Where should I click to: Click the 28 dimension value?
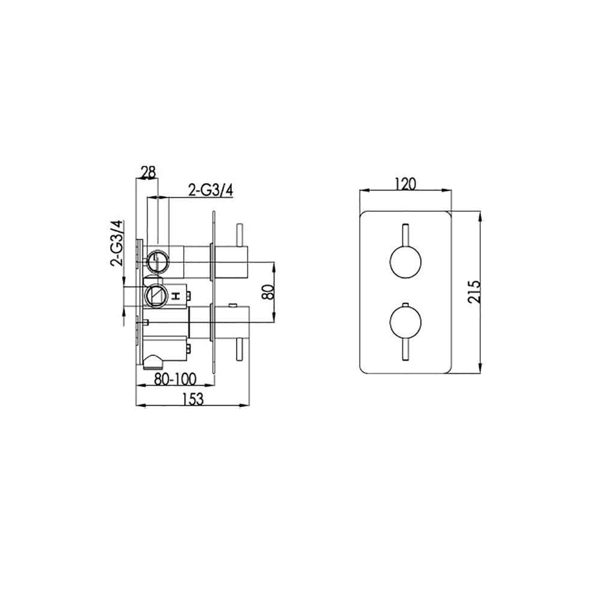click(148, 172)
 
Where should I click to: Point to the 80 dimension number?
click(268, 292)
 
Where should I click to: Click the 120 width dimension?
click(405, 184)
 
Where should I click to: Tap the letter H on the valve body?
click(176, 296)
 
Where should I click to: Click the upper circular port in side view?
click(158, 261)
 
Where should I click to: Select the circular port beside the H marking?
click(157, 295)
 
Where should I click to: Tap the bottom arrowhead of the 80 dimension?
click(276, 320)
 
